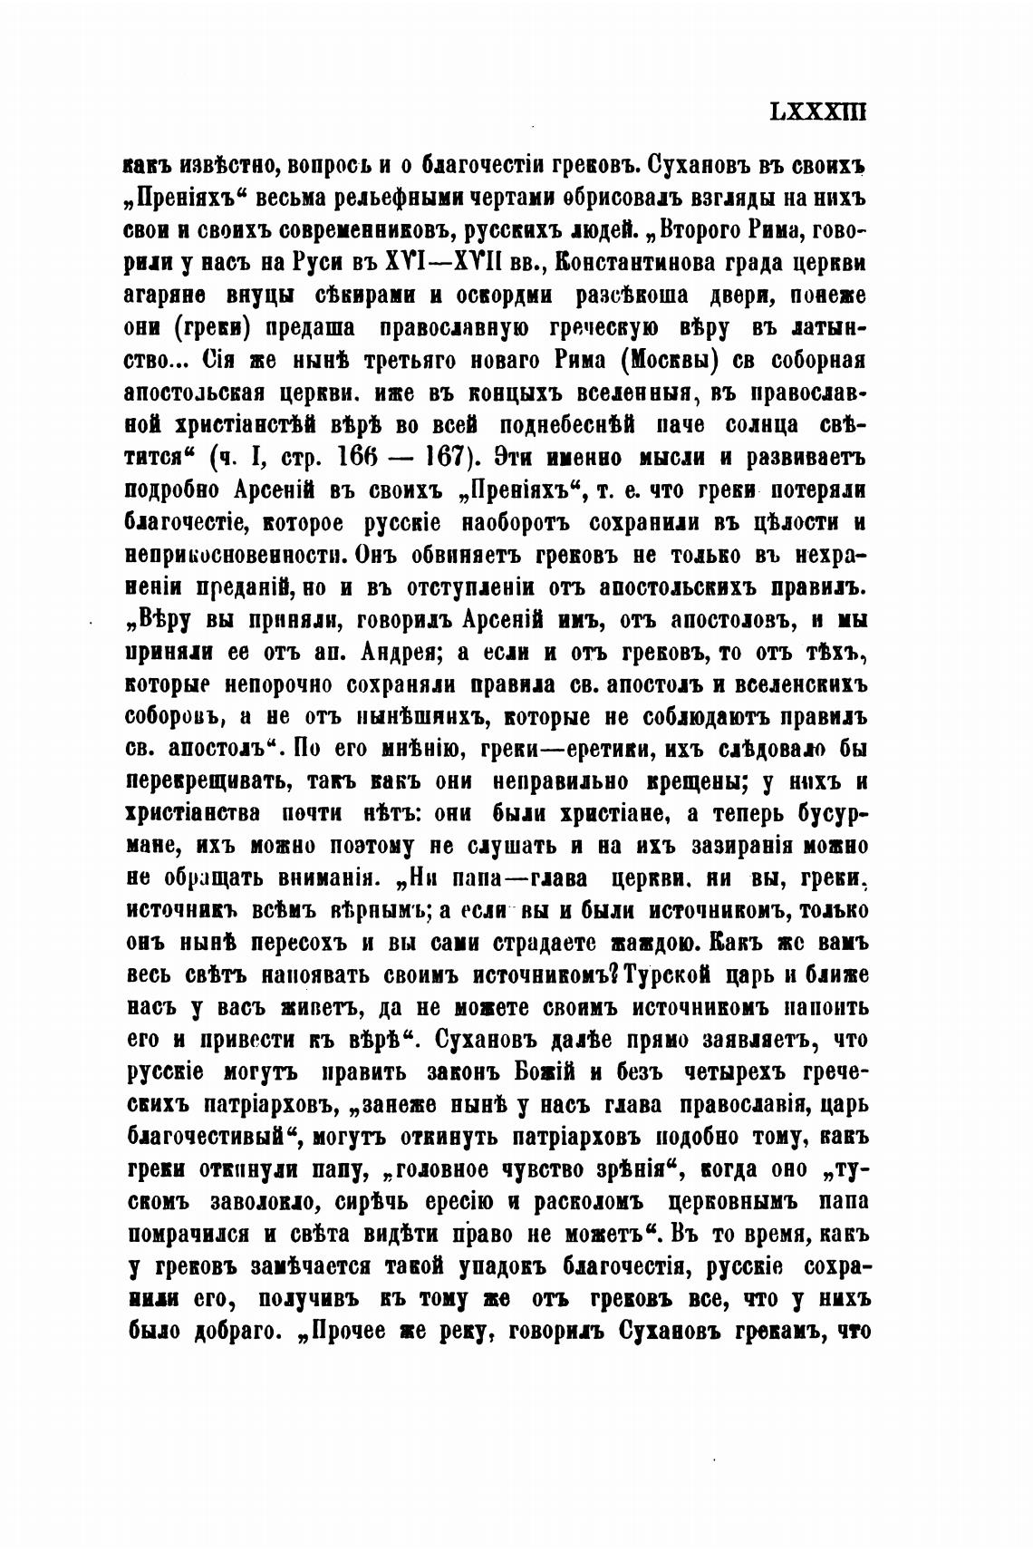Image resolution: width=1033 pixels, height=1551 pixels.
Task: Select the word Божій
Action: [540, 1072]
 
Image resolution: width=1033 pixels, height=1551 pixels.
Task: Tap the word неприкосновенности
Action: [237, 555]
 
